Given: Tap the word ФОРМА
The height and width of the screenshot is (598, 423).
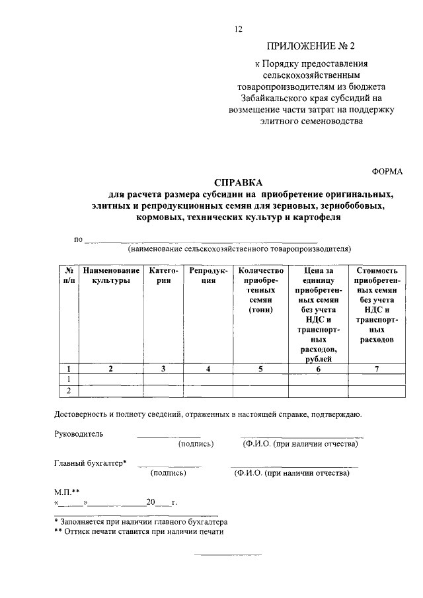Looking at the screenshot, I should point(387,170).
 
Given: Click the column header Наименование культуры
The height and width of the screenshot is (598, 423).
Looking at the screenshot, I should point(111,276).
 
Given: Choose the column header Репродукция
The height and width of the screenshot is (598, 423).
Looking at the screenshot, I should point(208,276).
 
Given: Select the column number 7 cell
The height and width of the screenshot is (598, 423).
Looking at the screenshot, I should point(376,369).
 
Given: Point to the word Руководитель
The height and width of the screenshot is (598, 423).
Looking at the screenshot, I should point(78,434).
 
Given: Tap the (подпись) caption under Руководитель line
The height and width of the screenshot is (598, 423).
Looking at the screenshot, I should point(196,444).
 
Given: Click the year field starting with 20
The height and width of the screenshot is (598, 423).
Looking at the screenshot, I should point(157,502).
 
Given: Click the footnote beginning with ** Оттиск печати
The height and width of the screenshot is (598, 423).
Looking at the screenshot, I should point(139,531).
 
